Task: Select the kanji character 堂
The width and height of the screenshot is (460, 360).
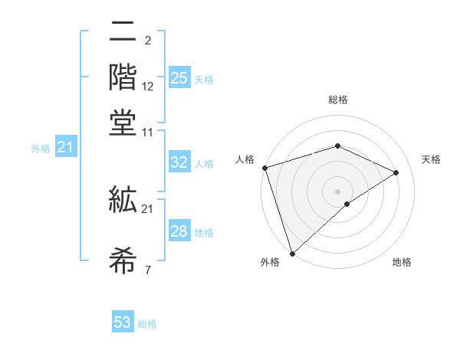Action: point(123,123)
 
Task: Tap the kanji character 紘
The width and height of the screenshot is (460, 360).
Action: point(123,201)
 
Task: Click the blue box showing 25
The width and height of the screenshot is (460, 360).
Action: point(179,78)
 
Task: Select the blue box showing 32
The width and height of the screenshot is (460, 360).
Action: point(179,162)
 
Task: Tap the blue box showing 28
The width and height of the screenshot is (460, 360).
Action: point(179,231)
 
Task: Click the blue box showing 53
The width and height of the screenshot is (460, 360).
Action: point(123,322)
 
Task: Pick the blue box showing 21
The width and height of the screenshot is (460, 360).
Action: point(64,147)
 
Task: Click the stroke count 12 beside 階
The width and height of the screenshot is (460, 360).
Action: point(148,86)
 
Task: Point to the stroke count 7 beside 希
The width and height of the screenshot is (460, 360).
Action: point(147,270)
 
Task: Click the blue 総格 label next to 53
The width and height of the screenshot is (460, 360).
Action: point(147,324)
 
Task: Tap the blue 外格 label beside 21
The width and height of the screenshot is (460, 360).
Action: point(40,149)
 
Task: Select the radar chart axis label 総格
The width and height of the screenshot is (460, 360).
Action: point(337,100)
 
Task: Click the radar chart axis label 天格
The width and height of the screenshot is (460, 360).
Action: point(431,159)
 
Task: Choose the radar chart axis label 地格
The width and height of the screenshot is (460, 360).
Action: point(402,262)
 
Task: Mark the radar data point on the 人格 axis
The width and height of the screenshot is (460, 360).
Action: point(264,168)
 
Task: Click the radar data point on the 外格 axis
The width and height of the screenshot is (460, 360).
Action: point(292,253)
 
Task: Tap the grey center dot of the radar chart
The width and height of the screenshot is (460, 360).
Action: point(337,191)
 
